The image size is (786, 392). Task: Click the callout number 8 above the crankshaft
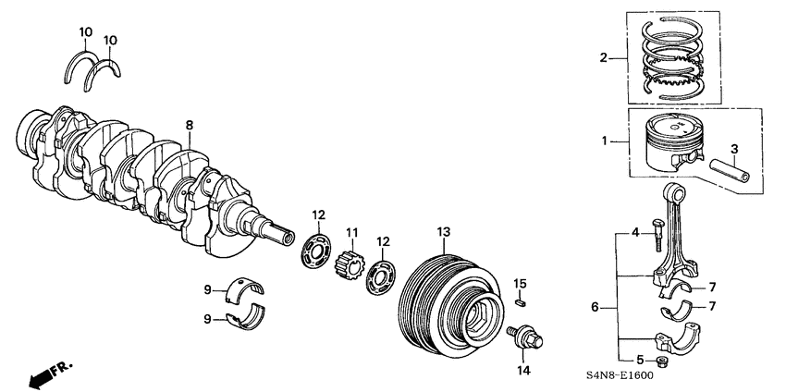(189, 125)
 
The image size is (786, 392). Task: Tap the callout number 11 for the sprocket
(351, 231)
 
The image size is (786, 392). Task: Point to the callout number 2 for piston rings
(604, 57)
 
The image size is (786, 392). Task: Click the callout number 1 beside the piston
(606, 141)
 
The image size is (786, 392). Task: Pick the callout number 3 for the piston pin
(733, 149)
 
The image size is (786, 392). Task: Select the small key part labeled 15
(521, 300)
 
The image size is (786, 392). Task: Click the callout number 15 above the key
(521, 282)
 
